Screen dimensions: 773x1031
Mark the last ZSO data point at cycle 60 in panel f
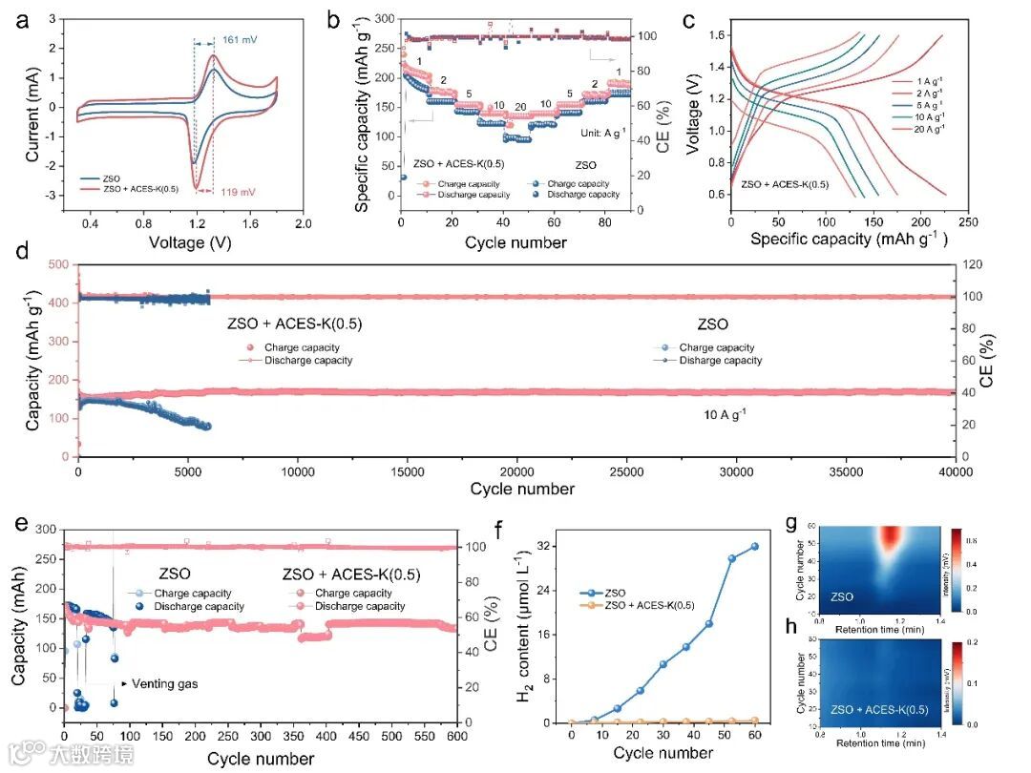[x=754, y=546]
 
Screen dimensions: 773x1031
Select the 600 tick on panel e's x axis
[x=457, y=739]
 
